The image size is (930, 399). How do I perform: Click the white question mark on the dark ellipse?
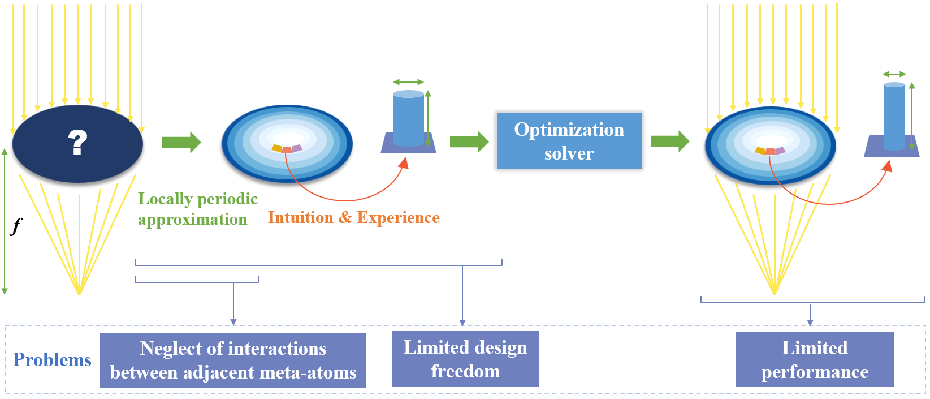pyautogui.click(x=77, y=142)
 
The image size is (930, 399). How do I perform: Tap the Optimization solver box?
pyautogui.click(x=569, y=141)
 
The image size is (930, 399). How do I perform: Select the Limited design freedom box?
pyautogui.click(x=465, y=359)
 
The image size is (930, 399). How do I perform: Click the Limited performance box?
pyautogui.click(x=814, y=359)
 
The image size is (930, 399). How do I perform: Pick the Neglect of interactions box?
pyautogui.click(x=233, y=360)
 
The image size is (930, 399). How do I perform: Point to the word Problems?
pyautogui.click(x=52, y=360)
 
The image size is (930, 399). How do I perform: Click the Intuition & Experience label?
pyautogui.click(x=353, y=217)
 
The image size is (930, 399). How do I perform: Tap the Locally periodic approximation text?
pyautogui.click(x=197, y=209)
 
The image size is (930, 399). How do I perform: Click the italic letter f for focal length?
pyautogui.click(x=16, y=226)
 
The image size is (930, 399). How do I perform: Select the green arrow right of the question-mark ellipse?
pyautogui.click(x=181, y=142)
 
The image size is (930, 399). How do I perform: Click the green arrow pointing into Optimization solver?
pyautogui.click(x=469, y=141)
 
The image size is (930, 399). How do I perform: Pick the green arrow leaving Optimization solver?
pyautogui.click(x=669, y=141)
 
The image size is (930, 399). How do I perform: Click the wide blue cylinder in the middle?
pyautogui.click(x=408, y=119)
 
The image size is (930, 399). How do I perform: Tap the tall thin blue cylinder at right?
pyautogui.click(x=894, y=116)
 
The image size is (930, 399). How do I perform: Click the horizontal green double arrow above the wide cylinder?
pyautogui.click(x=408, y=82)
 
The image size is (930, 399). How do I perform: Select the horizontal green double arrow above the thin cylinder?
pyautogui.click(x=894, y=74)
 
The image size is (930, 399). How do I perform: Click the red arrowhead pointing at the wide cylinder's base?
pyautogui.click(x=404, y=163)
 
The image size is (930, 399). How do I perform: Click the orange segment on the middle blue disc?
pyautogui.click(x=277, y=148)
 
